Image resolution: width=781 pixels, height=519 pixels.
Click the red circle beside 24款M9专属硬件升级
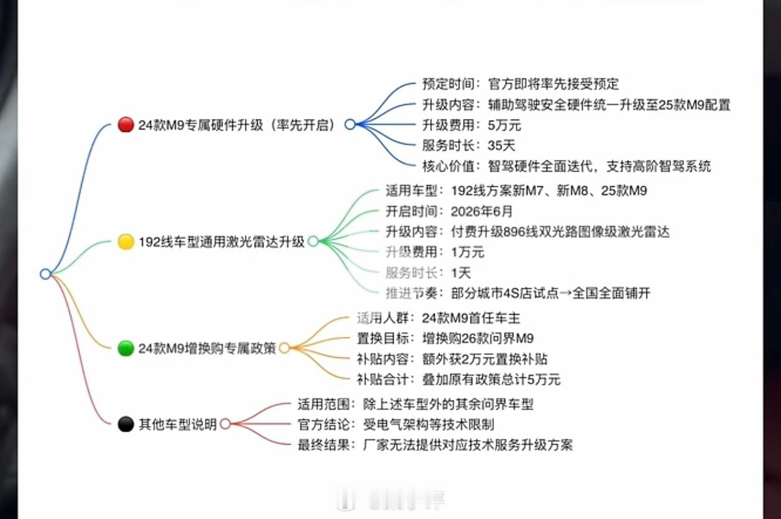coord(125,124)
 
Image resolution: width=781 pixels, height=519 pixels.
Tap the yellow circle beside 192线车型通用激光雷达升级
coord(126,242)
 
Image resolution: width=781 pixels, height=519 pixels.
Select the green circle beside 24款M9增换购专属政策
coord(126,348)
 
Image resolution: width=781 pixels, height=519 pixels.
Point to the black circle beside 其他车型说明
coord(126,424)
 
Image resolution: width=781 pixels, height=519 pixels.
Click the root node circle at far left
coord(45,274)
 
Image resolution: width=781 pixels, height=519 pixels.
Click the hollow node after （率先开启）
coord(350,124)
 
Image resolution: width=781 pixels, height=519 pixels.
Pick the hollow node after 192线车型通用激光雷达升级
coord(313,242)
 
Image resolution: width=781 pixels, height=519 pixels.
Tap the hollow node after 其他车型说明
coord(225,424)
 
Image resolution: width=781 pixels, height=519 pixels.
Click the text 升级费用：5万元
coord(472,125)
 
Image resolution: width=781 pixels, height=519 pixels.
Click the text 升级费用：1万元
coord(435,252)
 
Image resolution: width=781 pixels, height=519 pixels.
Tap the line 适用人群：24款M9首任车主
coord(438,318)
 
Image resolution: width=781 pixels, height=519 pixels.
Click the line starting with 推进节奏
coord(518,293)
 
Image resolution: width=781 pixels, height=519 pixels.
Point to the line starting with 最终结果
coord(435,445)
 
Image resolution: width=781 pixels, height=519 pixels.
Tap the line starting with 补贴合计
coord(458,379)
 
